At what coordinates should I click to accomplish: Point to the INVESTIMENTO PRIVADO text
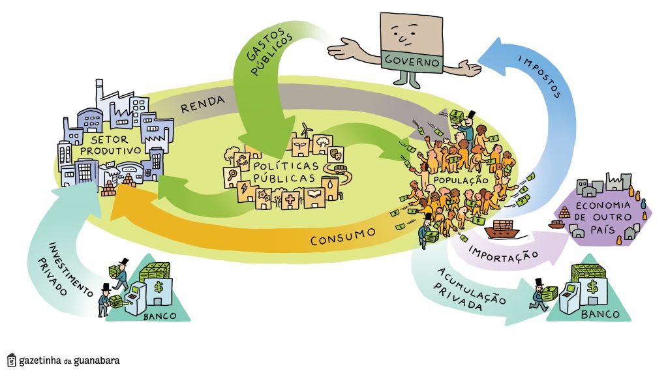pos(69,267)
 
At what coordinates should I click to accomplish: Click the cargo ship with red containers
pos(502,230)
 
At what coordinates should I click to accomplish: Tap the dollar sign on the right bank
pos(592,286)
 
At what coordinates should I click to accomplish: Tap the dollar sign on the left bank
pos(158,286)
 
